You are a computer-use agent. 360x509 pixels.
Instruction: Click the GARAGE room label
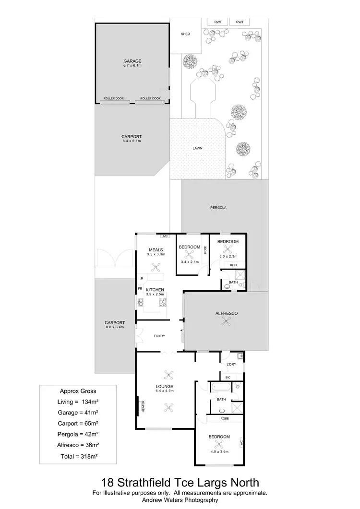coord(132,61)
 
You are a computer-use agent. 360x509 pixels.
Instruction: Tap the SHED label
coord(185,34)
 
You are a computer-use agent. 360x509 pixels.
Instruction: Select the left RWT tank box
coord(217,22)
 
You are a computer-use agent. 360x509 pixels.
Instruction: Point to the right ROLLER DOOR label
coord(150,99)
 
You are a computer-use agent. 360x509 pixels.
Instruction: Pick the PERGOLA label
coord(218,208)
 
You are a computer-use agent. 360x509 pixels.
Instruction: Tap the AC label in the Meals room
coord(164,236)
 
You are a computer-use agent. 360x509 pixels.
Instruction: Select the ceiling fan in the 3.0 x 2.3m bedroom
coord(228,249)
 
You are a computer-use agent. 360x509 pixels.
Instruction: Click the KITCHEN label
coord(155,290)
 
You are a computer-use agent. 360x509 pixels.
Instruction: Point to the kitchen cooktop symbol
coord(163,302)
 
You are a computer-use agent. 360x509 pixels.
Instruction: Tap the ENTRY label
coord(159,336)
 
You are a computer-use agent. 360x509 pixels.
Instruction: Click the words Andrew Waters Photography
coord(180,500)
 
